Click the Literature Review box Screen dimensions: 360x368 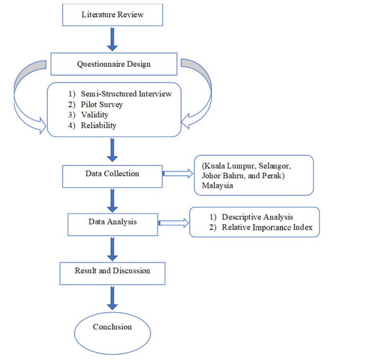coord(112,15)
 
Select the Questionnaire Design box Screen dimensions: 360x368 coord(113,65)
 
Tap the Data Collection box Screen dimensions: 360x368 coord(112,174)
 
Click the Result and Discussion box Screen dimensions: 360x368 coord(112,271)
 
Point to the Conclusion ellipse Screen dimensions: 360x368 coord(112,328)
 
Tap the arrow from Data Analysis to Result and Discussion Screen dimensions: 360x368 coord(112,248)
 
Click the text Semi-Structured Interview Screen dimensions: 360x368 coord(126,94)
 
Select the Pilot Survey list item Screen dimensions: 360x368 coord(101,104)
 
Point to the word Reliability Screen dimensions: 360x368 coord(98,126)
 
